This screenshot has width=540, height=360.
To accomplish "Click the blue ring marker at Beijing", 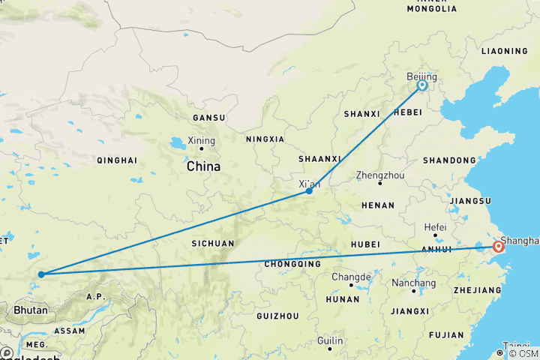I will pyautogui.click(x=422, y=85).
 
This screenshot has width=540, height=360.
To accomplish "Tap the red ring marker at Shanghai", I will pyautogui.click(x=498, y=246).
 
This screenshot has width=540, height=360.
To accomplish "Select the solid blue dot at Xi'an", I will pyautogui.click(x=309, y=191).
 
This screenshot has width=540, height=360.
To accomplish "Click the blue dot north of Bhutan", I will pyautogui.click(x=40, y=274).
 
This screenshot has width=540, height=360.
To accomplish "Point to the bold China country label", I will pyautogui.click(x=204, y=166).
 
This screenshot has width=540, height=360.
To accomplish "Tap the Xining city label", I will pyautogui.click(x=201, y=140).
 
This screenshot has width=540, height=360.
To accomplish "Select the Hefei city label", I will pyautogui.click(x=435, y=227).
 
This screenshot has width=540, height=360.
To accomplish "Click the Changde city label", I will pyautogui.click(x=351, y=277).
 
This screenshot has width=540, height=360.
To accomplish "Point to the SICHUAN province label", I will pyautogui.click(x=212, y=244).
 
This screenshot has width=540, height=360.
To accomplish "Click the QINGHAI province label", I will pyautogui.click(x=117, y=160).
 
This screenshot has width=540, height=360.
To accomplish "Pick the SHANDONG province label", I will pyautogui.click(x=449, y=160).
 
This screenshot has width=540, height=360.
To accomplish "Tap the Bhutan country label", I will pyautogui.click(x=31, y=310).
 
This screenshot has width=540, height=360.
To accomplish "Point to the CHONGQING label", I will pyautogui.click(x=294, y=264).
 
